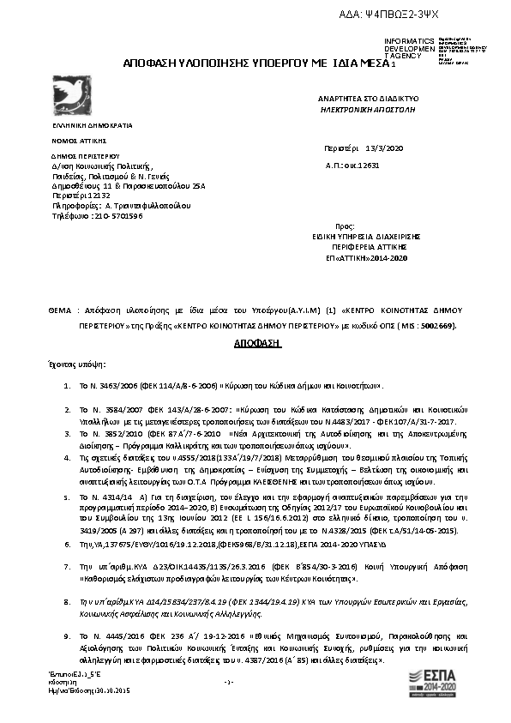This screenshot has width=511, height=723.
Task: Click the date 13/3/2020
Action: pyautogui.click(x=374, y=148)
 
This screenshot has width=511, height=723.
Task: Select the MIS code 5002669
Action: pyautogui.click(x=439, y=327)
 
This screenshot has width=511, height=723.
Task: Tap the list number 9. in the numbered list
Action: pyautogui.click(x=69, y=636)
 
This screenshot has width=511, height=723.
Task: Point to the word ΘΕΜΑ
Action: pyautogui.click(x=61, y=313)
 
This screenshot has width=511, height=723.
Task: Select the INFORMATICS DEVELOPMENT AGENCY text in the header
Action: pyautogui.click(x=410, y=49)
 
